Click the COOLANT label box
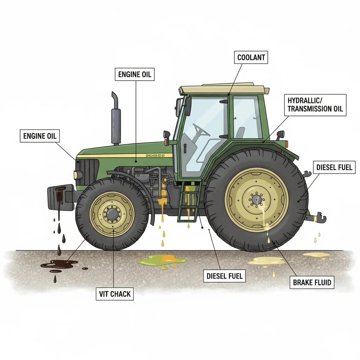click(251, 58)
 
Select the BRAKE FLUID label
click(312, 282)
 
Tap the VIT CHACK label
click(115, 294)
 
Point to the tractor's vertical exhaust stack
click(116, 120)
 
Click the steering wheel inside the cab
click(201, 130)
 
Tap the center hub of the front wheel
click(112, 213)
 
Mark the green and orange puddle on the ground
click(162, 261)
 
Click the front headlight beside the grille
click(78, 175)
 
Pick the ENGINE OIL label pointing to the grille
click(40, 136)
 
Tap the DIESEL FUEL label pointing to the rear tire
click(334, 167)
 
